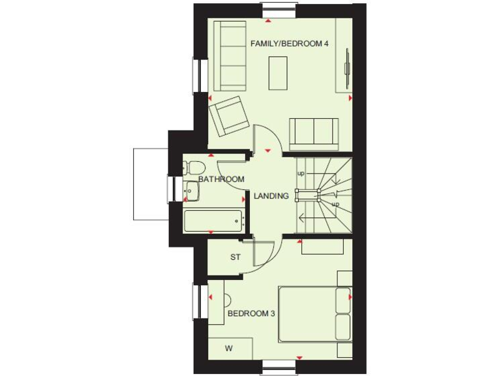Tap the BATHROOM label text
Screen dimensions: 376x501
coord(221,179)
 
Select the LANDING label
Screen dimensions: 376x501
coord(272,195)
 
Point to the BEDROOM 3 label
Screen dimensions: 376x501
coord(251,314)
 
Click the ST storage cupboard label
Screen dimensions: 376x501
coord(235,257)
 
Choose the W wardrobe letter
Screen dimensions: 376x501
coord(228,349)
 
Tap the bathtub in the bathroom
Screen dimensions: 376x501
coord(213,221)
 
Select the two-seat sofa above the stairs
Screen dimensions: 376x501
coord(314,134)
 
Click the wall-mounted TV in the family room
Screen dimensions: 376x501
coord(347,65)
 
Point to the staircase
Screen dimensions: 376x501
coord(323,193)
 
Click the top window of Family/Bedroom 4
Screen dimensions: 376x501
coord(279,10)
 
